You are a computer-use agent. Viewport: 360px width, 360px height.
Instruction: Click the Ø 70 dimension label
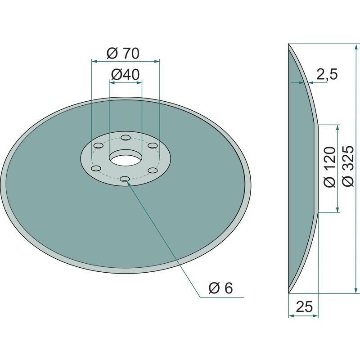pos(123,53)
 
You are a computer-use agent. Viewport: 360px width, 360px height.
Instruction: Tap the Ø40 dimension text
pos(126,74)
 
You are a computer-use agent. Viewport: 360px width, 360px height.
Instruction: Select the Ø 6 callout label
pos(220,288)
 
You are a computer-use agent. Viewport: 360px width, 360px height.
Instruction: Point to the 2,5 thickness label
pos(327,74)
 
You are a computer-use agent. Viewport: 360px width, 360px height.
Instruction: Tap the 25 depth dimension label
pos(304,306)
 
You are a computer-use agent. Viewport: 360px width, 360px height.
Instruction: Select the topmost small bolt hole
pos(126,138)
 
